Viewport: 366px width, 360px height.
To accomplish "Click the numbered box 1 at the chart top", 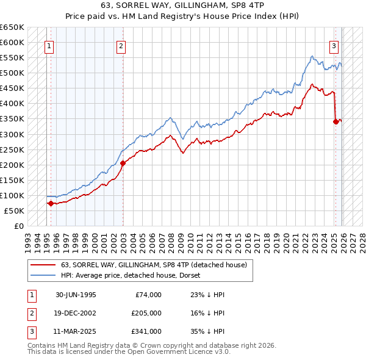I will pyautogui.click(x=48, y=45).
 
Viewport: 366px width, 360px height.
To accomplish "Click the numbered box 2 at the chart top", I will pyautogui.click(x=121, y=45).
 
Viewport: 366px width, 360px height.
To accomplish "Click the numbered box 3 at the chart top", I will pyautogui.click(x=334, y=45).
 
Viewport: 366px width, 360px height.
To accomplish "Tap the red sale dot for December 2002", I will pyautogui.click(x=123, y=163).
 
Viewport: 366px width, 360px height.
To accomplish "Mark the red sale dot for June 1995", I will pyautogui.click(x=50, y=203).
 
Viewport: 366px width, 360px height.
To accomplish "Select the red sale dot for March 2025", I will pyautogui.click(x=335, y=121).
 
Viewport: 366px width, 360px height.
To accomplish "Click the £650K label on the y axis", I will pyautogui.click(x=12, y=27).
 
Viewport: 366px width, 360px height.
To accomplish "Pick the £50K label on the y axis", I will pyautogui.click(x=14, y=211).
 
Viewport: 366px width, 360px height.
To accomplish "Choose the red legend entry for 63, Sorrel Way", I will pyautogui.click(x=153, y=265).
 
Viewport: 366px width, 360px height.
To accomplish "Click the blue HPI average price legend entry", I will pyautogui.click(x=134, y=275).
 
